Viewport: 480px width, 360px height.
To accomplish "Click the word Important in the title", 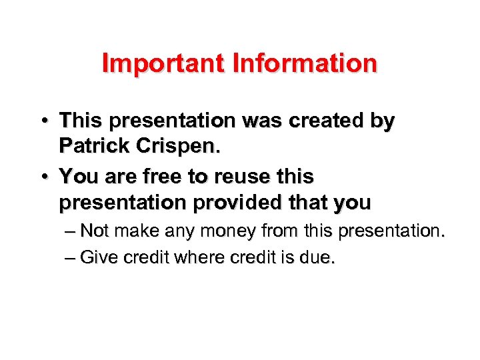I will (163, 63).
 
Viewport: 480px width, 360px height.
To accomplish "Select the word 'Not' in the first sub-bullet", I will (95, 232).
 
